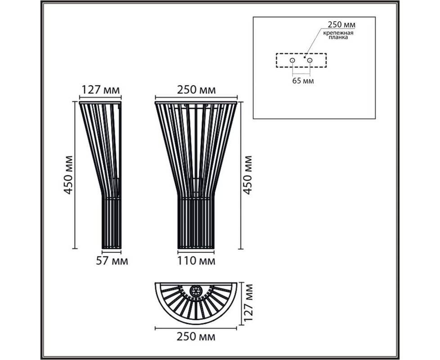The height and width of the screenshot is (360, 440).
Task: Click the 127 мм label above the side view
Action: tap(100, 90)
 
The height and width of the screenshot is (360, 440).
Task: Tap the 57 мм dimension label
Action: tap(112, 261)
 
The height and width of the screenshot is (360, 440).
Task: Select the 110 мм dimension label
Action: tap(196, 261)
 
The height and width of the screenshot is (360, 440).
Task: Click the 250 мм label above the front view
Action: tap(197, 90)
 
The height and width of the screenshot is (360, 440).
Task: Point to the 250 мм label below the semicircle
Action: tap(196, 337)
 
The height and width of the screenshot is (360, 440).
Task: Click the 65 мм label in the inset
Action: tap(303, 81)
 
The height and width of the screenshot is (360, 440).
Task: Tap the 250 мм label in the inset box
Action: tap(341, 25)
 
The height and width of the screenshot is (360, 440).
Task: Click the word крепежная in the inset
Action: tap(338, 33)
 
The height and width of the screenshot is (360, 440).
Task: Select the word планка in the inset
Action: tap(338, 37)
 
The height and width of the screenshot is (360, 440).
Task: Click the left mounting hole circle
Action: tap(292, 60)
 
